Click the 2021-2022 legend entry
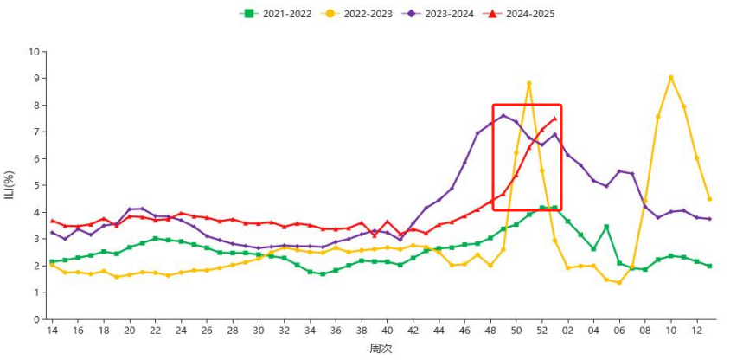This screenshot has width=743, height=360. point(278,14)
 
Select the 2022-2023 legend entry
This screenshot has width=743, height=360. point(357,14)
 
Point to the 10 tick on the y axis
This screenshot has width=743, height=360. point(35,52)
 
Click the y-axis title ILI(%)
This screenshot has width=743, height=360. point(10,184)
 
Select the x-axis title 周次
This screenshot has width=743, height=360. point(381,349)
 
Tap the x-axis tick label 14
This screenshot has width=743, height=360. point(52,331)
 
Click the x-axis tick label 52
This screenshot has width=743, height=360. point(541,331)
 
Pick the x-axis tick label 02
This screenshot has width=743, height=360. point(567,331)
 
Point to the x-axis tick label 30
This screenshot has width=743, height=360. point(259,331)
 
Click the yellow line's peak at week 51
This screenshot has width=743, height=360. point(528,83)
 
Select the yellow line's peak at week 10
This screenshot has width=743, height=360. point(670,77)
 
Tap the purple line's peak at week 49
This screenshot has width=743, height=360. point(503,115)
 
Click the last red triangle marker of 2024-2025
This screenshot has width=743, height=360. point(554,119)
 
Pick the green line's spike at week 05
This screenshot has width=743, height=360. point(606,227)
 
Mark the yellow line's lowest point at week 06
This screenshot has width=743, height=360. point(619,282)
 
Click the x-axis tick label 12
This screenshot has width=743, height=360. point(696,331)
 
